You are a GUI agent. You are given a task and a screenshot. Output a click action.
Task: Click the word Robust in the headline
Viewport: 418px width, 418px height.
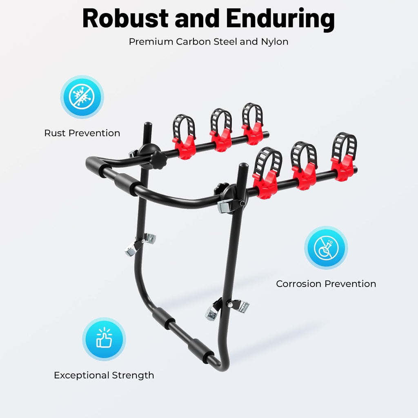click(126, 18)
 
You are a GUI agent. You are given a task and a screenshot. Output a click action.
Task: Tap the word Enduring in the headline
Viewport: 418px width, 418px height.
click(280, 19)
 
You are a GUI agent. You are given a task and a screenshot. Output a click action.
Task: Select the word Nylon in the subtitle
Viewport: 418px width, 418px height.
click(275, 42)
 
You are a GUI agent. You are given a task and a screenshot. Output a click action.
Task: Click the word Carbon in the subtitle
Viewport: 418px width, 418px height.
click(193, 42)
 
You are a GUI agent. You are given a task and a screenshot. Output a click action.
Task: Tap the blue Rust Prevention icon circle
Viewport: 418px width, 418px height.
click(82, 97)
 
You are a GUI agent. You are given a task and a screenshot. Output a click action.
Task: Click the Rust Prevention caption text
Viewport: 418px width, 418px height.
click(82, 133)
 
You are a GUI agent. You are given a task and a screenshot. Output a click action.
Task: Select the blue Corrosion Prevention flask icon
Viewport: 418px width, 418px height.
click(326, 248)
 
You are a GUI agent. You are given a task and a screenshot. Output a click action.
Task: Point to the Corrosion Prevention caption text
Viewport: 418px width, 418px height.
click(326, 284)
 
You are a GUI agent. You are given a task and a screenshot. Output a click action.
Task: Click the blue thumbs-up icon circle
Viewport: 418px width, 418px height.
click(104, 339)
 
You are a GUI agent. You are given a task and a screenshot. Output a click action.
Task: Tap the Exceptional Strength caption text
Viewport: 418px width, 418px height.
click(104, 376)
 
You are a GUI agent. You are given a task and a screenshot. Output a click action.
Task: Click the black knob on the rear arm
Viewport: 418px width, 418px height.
click(158, 160)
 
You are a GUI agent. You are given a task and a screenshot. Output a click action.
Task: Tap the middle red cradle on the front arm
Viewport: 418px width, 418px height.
click(304, 176)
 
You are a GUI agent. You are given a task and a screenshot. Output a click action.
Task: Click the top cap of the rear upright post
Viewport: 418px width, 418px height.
click(148, 125)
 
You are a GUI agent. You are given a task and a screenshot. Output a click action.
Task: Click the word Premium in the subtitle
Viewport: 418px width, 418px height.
click(151, 42)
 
